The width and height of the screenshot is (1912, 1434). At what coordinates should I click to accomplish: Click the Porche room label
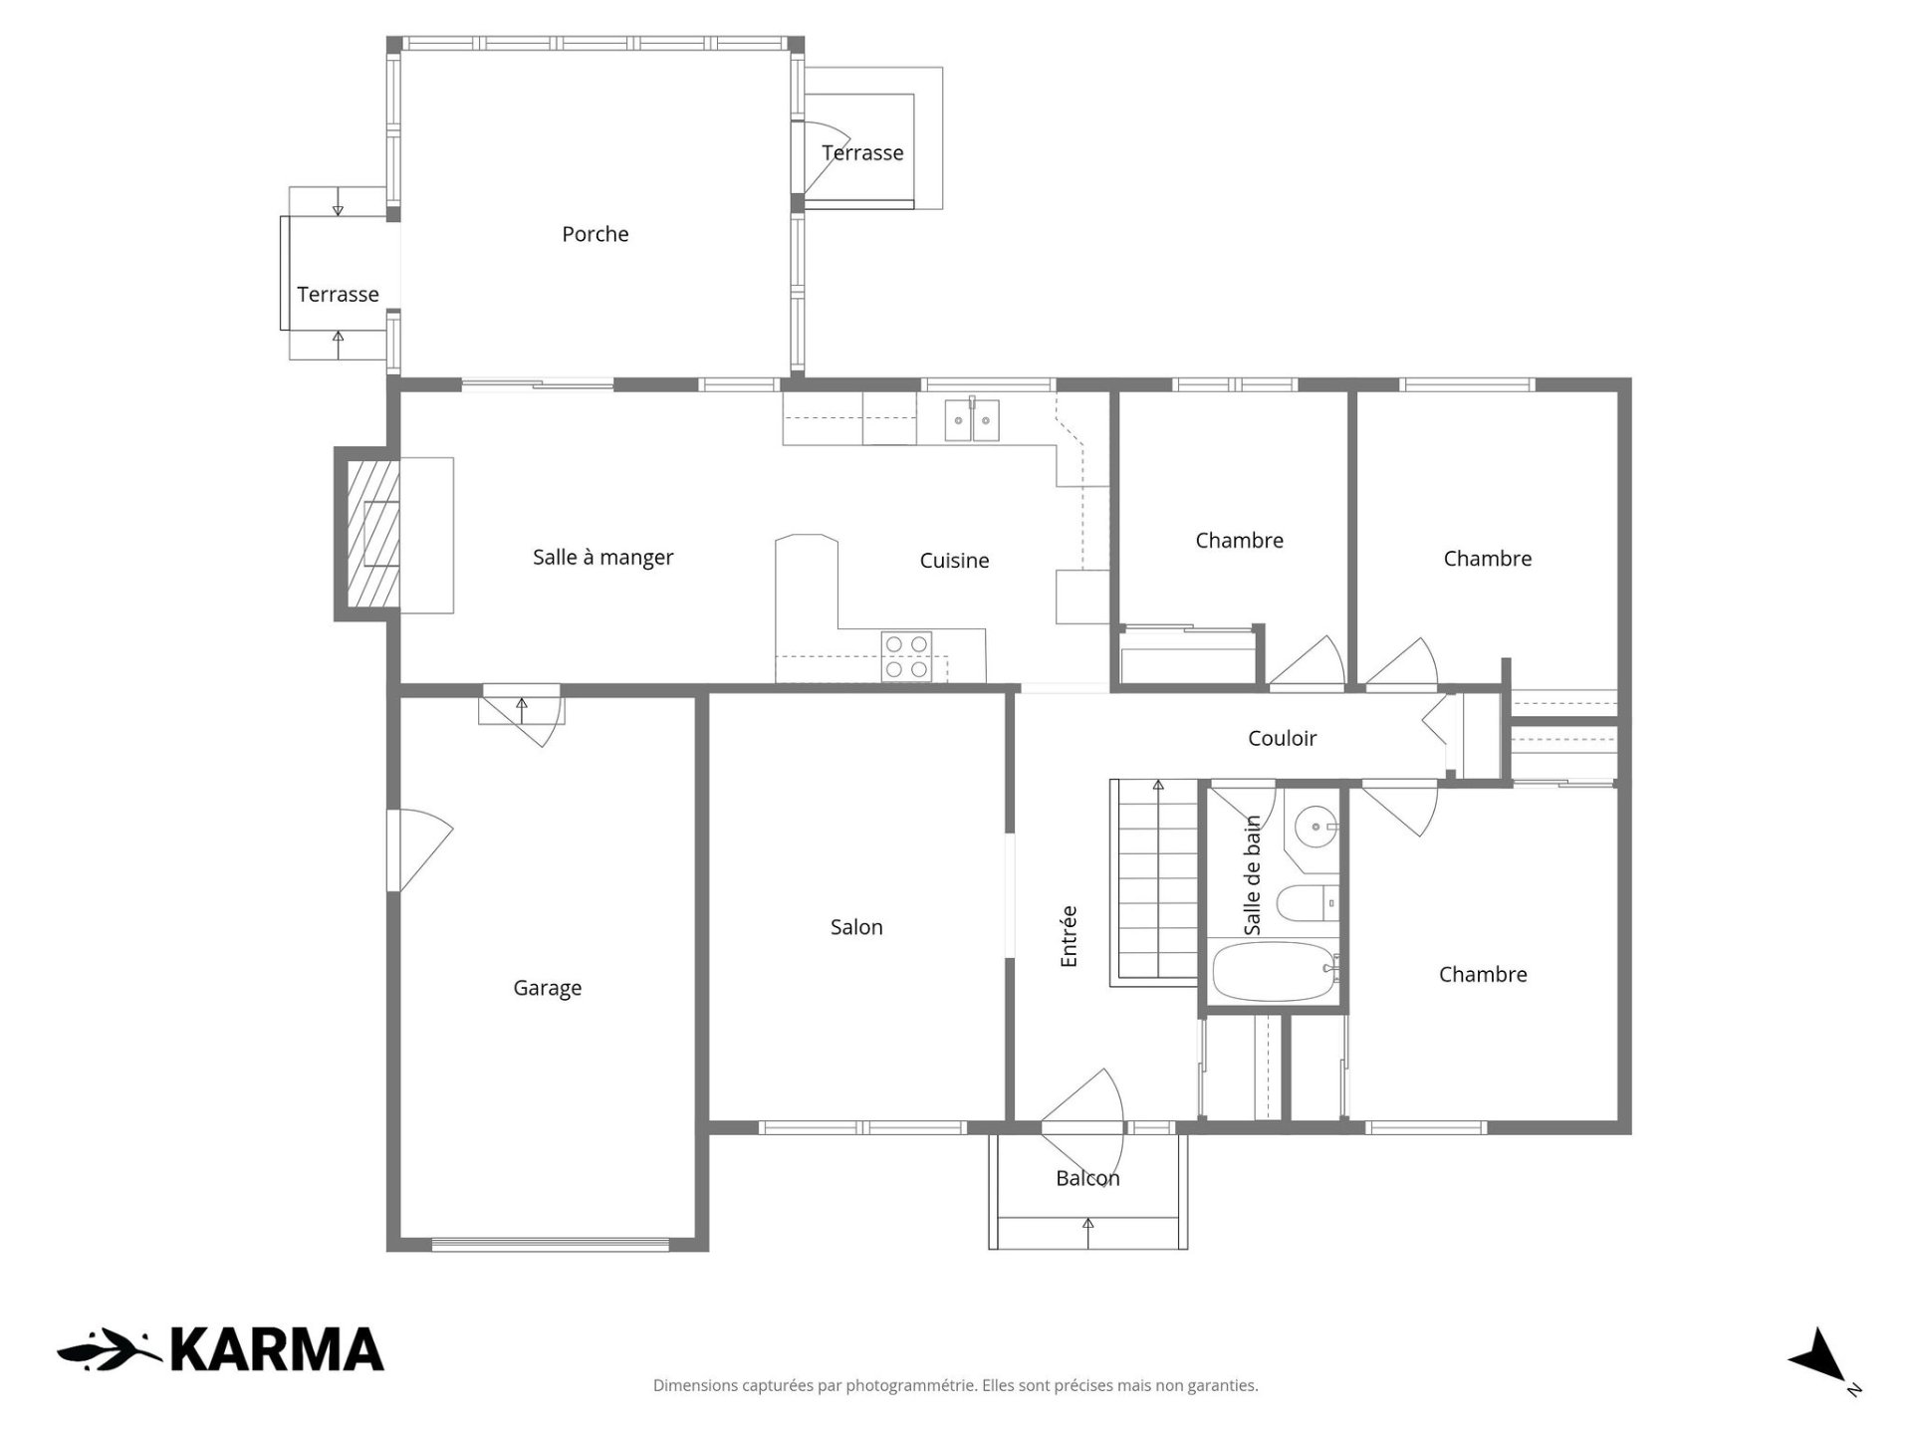pyautogui.click(x=596, y=234)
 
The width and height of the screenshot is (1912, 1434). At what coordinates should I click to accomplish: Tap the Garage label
pyautogui.click(x=547, y=988)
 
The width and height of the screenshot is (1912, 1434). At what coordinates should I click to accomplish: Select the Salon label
pyautogui.click(x=856, y=927)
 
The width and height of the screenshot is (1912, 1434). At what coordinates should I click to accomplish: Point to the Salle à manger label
pyautogui.click(x=602, y=558)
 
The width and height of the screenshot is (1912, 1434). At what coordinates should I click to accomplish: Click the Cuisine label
pyautogui.click(x=954, y=561)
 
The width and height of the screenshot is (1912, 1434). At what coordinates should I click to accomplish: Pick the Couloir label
pyautogui.click(x=1282, y=738)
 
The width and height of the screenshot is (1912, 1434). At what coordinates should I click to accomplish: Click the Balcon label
pyautogui.click(x=1087, y=1178)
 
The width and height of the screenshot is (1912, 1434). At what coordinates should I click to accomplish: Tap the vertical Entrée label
pyautogui.click(x=1069, y=936)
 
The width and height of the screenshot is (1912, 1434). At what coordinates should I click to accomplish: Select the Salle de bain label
pyautogui.click(x=1253, y=875)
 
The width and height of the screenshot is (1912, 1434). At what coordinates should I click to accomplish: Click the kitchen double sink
pyautogui.click(x=972, y=419)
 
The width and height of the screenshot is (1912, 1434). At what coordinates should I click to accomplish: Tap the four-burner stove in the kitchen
pyautogui.click(x=907, y=657)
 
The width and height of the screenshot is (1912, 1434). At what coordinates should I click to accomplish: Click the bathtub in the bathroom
pyautogui.click(x=1276, y=973)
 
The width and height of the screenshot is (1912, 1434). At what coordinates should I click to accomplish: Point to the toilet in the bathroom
pyautogui.click(x=1309, y=904)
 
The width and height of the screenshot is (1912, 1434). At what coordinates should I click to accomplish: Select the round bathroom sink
pyautogui.click(x=1316, y=827)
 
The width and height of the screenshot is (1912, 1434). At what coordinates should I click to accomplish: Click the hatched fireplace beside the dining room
pyautogui.click(x=373, y=534)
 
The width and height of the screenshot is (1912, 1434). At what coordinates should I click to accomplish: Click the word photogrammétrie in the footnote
pyautogui.click(x=910, y=1385)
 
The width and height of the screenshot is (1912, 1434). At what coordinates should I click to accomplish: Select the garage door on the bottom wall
pyautogui.click(x=550, y=1243)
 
